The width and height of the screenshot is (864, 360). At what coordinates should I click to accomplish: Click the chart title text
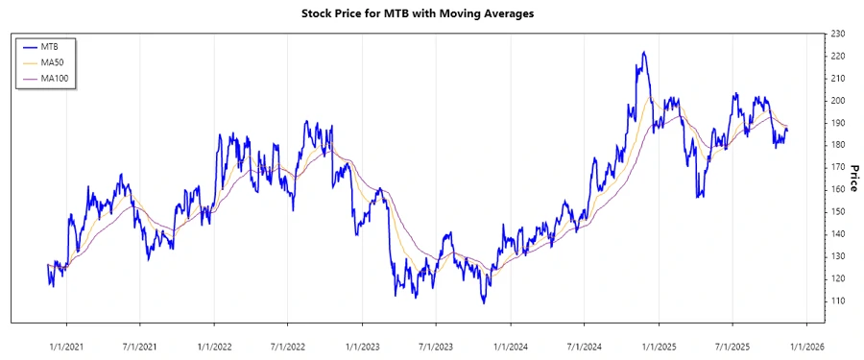[x=432, y=13]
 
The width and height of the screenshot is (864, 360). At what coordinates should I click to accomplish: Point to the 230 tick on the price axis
[x=838, y=34]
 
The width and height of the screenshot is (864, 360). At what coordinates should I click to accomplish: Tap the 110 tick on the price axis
[x=838, y=300]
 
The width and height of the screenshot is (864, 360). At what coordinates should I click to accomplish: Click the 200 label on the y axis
[x=838, y=101]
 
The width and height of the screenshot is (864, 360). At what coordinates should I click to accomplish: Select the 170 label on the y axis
[x=838, y=167]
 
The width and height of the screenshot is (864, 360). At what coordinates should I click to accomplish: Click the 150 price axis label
[x=838, y=211]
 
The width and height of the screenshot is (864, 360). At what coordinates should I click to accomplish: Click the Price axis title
[x=853, y=178]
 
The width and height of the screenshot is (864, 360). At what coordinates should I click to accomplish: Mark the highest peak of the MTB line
[x=643, y=52]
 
